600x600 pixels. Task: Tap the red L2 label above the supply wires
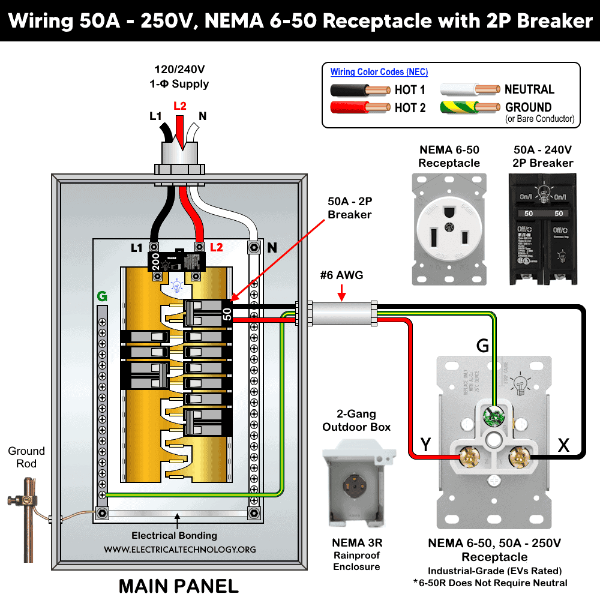pos(179,106)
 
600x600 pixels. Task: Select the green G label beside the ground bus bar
pos(102,296)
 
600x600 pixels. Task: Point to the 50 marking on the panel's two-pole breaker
pos(227,314)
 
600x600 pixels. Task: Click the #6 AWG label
pos(341,275)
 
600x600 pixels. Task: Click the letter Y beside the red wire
pos(425,445)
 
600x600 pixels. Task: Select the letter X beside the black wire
pos(563,445)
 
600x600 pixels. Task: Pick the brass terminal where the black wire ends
pos(516,458)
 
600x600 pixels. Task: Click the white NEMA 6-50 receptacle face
pos(449,229)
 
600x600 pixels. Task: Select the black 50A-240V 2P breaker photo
pos(542,229)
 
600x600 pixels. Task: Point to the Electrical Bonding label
pos(174,535)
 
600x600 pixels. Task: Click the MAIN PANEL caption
pos(178,585)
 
